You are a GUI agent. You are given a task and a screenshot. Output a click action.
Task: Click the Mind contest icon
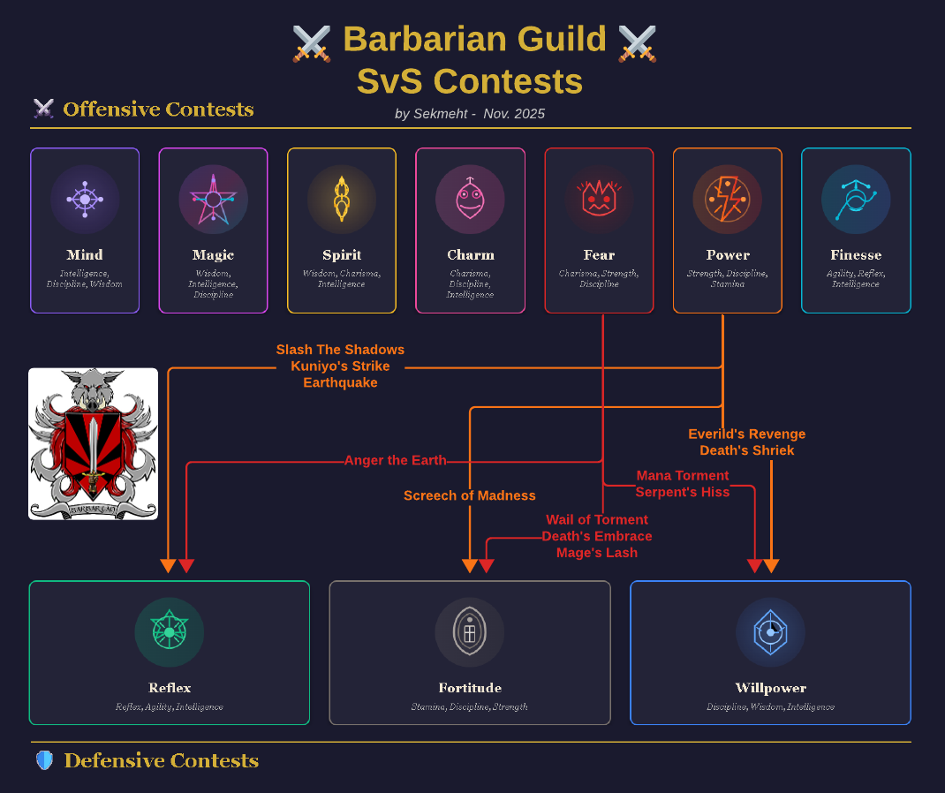point(85,200)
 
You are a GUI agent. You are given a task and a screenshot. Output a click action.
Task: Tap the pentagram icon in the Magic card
point(213,200)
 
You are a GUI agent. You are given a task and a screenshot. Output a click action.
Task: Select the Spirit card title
point(342,255)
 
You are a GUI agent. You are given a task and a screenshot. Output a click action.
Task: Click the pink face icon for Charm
point(470,200)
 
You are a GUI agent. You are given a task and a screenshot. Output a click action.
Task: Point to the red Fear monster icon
point(599,200)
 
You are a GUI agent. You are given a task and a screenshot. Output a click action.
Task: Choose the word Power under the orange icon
point(728,255)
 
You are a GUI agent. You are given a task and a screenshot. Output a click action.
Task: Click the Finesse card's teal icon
point(855,200)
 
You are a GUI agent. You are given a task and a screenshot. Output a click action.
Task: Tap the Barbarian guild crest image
point(94,443)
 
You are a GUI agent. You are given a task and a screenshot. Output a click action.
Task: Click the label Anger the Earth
point(395,460)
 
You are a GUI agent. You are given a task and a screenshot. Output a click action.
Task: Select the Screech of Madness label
point(470,495)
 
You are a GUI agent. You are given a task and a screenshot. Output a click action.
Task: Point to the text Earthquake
point(340,382)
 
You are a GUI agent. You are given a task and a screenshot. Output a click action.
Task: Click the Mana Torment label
point(683,475)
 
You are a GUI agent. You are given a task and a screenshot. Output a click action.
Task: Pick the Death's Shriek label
point(747,450)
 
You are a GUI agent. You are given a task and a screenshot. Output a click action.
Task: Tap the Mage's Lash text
point(597,553)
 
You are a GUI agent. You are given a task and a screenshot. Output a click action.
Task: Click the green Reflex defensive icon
point(169,632)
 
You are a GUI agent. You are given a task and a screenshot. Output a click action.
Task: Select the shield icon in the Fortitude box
point(470,632)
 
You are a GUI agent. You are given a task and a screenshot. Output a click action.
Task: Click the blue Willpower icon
point(770,632)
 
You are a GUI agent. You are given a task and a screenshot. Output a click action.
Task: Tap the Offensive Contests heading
point(158,110)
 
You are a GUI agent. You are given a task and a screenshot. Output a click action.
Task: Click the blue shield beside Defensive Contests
point(44,760)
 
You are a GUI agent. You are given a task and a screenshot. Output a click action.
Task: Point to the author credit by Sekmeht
point(470,114)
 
